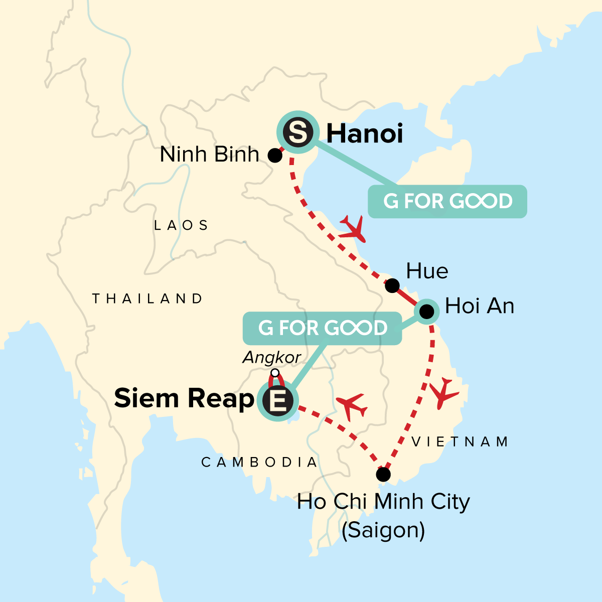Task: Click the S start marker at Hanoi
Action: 298,132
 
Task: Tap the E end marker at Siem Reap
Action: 277,400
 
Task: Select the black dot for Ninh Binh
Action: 275,156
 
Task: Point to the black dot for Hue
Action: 392,286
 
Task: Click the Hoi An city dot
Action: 426,312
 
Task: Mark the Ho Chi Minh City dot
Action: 383,474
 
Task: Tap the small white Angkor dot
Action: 274,373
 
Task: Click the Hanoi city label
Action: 365,134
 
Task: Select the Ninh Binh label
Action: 209,155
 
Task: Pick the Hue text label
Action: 427,271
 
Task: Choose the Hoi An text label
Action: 480,306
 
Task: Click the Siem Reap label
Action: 184,398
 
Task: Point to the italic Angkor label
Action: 271,357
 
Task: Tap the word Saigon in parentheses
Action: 383,530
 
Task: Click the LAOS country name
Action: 181,225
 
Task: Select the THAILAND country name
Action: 147,298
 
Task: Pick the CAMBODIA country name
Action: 259,462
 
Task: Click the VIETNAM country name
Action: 460,441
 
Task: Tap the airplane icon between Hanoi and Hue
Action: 352,229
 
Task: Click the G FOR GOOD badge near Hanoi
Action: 447,202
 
